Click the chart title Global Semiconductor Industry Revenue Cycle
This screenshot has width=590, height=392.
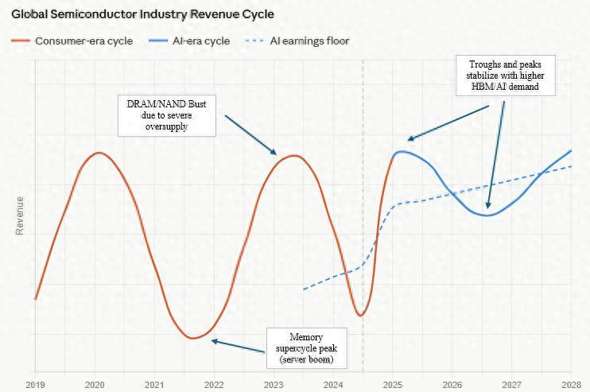pos(142,14)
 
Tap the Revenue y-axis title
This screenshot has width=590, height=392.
pos(20,215)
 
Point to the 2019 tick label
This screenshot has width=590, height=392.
pos(35,385)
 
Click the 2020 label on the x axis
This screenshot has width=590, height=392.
pos(95,385)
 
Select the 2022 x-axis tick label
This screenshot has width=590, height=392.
pos(214,385)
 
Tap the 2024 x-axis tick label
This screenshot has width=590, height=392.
pos(333,385)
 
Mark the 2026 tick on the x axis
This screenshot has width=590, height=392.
pos(452,385)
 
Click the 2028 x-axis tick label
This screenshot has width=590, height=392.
pos(571,385)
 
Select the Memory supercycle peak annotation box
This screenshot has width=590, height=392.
pos(306,348)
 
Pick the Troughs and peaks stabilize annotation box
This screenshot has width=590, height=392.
pos(505,75)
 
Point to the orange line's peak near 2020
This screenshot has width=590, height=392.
pos(98,153)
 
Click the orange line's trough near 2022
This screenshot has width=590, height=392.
pos(192,338)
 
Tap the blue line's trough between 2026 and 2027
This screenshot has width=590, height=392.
pos(488,215)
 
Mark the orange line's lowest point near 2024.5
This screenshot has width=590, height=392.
pos(360,316)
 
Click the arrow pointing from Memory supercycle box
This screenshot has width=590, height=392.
pos(239,346)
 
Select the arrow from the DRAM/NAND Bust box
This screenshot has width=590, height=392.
pos(250,135)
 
